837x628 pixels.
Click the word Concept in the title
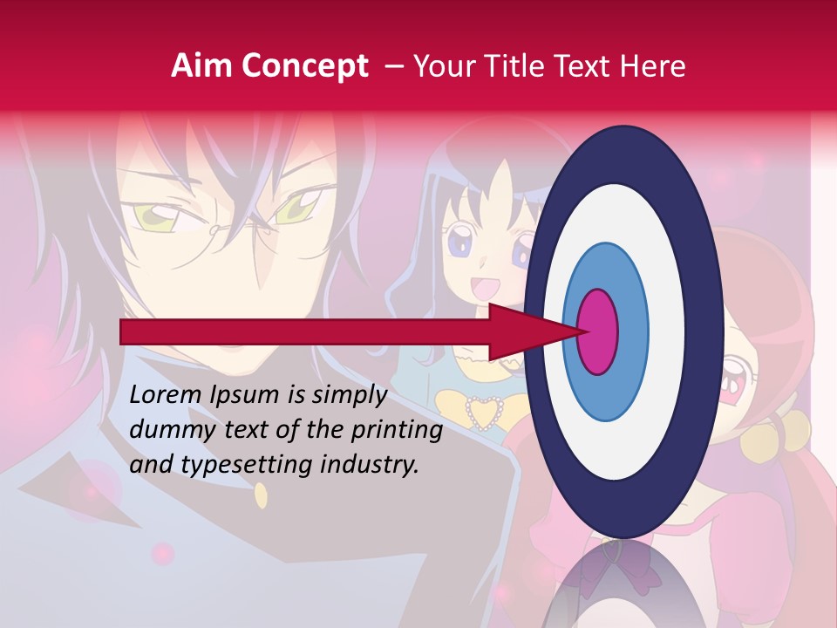(x=305, y=66)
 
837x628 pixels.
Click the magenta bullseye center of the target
(x=597, y=331)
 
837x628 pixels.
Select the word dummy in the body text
(x=167, y=430)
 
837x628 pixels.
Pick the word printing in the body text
(x=398, y=430)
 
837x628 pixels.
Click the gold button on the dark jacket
(x=260, y=495)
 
